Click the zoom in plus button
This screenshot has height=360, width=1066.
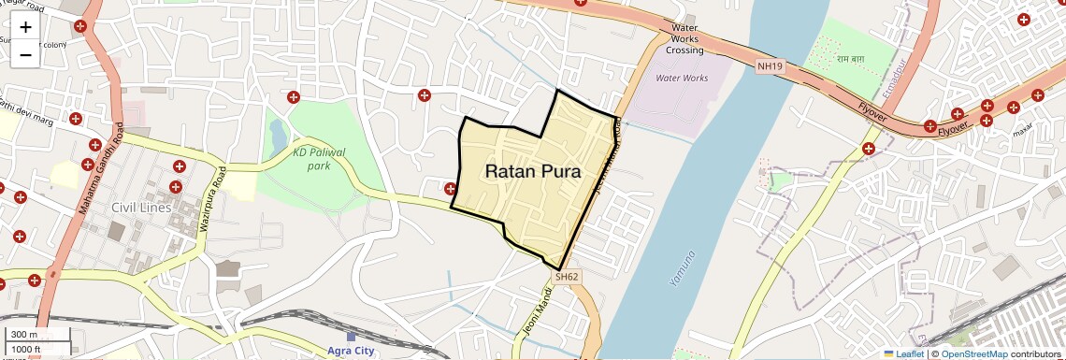coord(25,26)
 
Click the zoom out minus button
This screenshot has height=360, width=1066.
coord(25,55)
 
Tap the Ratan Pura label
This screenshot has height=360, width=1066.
coord(533,172)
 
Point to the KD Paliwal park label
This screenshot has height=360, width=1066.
coord(319,158)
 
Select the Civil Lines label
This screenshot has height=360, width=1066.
coord(141,207)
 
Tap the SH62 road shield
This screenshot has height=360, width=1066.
coord(567,277)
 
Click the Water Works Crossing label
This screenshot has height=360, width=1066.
coord(685,39)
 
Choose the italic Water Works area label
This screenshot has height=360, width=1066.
coord(682,78)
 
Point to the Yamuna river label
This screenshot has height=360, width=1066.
coord(684,267)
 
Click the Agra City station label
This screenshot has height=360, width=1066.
coord(351,351)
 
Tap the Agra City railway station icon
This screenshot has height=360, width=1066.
coord(351,337)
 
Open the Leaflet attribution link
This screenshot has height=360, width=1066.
coord(904,353)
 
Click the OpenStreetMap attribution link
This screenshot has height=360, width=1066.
coord(973,353)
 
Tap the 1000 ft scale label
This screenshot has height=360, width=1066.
coord(26,349)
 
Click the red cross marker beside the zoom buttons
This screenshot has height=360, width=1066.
coord(80,26)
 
